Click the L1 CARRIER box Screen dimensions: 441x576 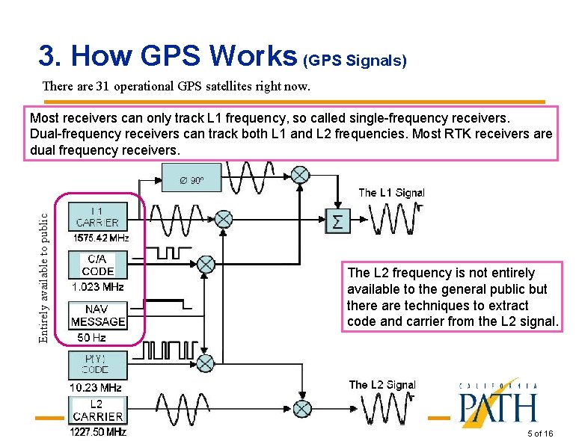click(96, 217)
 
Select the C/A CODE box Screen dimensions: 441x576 click(98, 265)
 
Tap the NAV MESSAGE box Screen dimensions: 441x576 click(98, 315)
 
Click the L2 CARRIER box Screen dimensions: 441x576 click(98, 410)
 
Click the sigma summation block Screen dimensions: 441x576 click(337, 220)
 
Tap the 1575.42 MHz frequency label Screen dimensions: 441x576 click(101, 238)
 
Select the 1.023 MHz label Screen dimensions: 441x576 click(97, 286)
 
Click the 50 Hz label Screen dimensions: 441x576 click(91, 338)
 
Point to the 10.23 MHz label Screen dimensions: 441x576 click(95, 387)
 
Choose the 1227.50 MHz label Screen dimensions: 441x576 click(98, 432)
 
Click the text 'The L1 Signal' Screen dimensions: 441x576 click(391, 193)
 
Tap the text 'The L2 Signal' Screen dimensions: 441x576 click(382, 385)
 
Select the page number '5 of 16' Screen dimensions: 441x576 click(540, 434)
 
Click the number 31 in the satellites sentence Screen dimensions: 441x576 click(102, 86)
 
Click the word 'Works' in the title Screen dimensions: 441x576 click(254, 56)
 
